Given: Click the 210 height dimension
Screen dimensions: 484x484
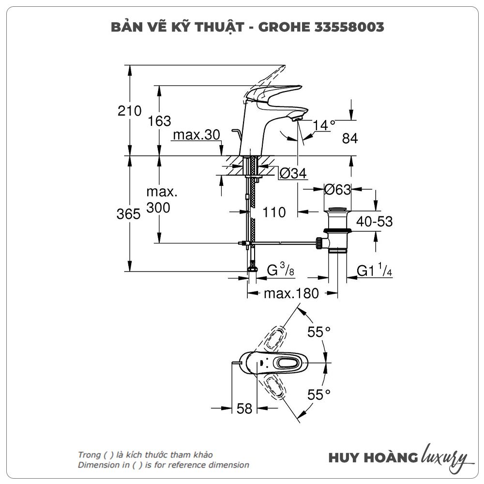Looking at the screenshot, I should click(x=130, y=111).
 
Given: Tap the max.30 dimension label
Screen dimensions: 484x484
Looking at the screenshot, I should click(x=197, y=135).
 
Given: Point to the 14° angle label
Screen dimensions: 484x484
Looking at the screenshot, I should click(x=324, y=124).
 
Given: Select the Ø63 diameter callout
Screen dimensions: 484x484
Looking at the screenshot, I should click(x=337, y=190).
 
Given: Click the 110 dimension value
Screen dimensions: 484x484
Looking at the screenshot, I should click(x=274, y=212).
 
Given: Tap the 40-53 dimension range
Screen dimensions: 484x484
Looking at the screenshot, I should click(x=374, y=221).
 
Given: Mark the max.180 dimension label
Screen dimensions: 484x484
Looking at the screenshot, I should click(x=291, y=293).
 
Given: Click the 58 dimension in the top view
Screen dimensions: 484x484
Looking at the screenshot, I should click(x=245, y=408).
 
